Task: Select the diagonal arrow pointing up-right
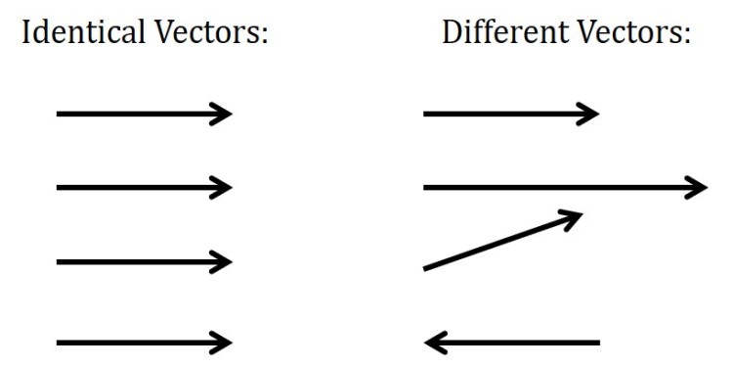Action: [x=502, y=240]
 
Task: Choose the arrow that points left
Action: [x=512, y=343]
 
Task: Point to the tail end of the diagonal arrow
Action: [x=427, y=267]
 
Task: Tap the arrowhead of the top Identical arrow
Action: [x=222, y=114]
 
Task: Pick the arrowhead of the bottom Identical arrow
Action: [x=222, y=343]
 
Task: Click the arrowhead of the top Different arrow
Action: [x=589, y=114]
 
